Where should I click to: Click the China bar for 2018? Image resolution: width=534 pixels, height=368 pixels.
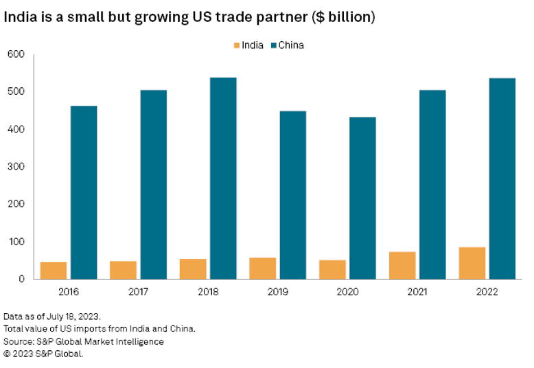click(x=222, y=179)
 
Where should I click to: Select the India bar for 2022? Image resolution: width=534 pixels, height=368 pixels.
click(x=472, y=263)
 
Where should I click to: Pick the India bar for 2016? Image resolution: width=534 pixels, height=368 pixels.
click(x=54, y=271)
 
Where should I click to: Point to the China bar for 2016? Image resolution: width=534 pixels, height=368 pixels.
click(x=84, y=192)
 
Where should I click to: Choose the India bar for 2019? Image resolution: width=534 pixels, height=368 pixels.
click(x=263, y=268)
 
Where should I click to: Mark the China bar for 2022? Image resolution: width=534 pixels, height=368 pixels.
click(x=501, y=179)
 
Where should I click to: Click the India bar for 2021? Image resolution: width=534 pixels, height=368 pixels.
click(x=402, y=265)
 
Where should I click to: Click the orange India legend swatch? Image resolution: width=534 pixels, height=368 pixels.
click(x=237, y=45)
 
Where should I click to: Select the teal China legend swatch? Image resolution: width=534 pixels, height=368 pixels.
click(x=273, y=45)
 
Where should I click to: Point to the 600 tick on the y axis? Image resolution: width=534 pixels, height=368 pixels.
click(x=15, y=54)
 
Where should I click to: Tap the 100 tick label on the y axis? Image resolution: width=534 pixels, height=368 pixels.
click(x=15, y=242)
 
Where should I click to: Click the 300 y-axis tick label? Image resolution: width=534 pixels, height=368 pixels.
click(x=15, y=167)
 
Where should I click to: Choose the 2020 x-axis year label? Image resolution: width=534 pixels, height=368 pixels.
click(x=347, y=292)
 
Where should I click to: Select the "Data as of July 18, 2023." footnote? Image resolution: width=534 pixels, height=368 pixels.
click(x=52, y=317)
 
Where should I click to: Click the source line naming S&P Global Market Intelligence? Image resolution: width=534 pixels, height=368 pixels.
click(x=84, y=341)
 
